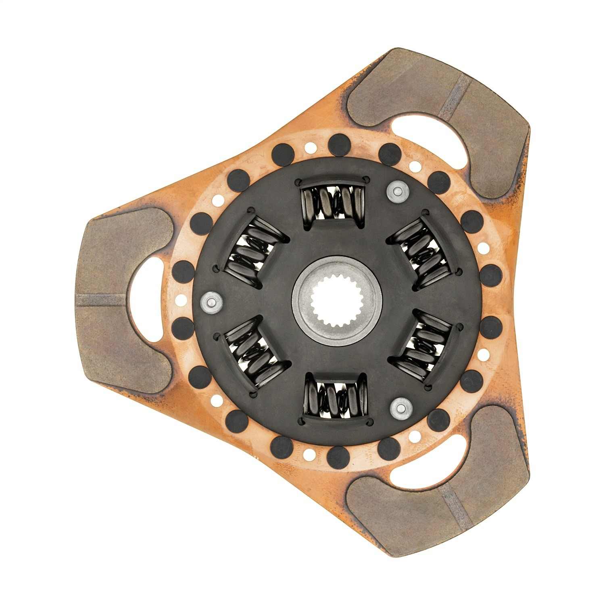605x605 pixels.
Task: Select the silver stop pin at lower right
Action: [x=401, y=408]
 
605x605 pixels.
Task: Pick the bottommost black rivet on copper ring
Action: [x=338, y=457]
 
